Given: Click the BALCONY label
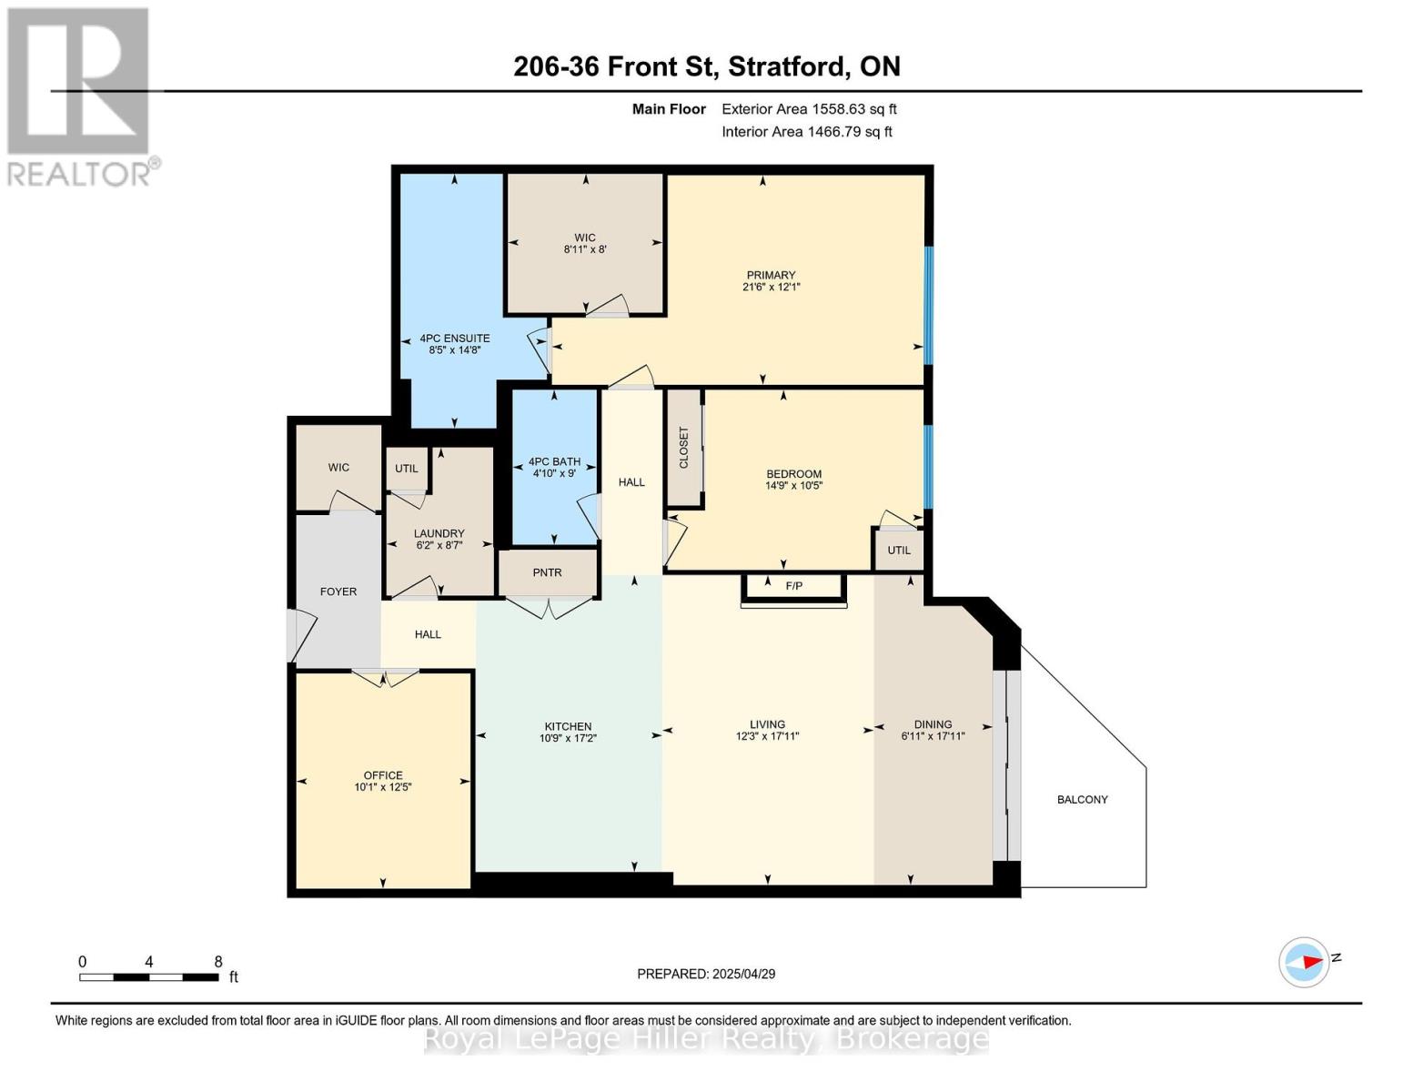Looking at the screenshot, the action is [1082, 800].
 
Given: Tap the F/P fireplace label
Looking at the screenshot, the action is [794, 586].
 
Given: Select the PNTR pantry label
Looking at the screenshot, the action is [547, 573].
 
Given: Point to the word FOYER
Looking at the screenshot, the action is [338, 591].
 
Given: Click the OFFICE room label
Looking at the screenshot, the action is [383, 775].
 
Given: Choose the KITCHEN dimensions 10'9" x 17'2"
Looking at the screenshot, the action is [569, 738].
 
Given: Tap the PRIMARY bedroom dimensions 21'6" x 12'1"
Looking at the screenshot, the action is [772, 287].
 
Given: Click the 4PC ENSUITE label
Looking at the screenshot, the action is [455, 339].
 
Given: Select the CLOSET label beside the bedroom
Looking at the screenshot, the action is [683, 448].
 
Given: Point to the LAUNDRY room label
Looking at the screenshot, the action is [439, 533].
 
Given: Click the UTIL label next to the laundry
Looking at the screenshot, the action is [407, 469].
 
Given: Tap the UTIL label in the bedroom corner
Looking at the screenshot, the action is [899, 551].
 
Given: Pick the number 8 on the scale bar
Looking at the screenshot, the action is [218, 961].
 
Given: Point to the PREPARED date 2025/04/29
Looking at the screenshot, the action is [744, 974].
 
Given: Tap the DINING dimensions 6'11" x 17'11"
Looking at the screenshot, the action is [934, 736].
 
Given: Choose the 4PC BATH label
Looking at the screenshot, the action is [554, 461].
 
